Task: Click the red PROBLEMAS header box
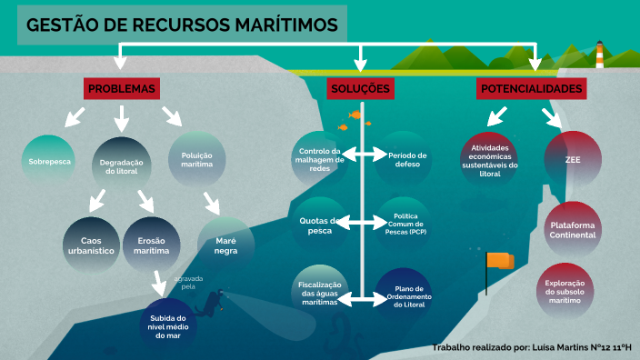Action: click(x=122, y=88)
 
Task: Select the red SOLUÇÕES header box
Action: click(x=360, y=88)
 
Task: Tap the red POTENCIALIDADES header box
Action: click(x=531, y=88)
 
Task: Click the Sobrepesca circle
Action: click(x=46, y=161)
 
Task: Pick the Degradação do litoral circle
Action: click(x=121, y=165)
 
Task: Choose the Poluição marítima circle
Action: click(x=196, y=161)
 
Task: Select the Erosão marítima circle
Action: click(x=152, y=245)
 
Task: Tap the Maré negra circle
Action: click(x=225, y=244)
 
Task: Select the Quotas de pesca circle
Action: click(x=319, y=225)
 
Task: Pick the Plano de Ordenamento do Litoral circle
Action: click(x=404, y=297)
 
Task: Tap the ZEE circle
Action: click(x=572, y=158)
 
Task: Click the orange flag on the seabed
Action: click(x=498, y=262)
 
